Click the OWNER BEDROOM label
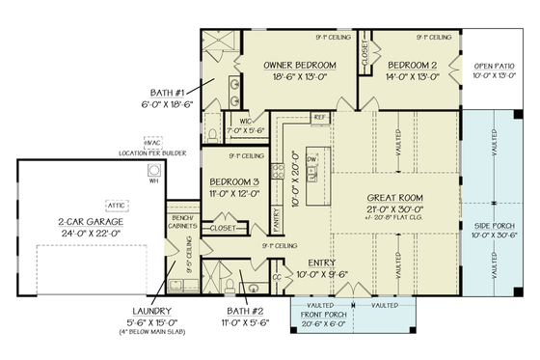[299, 66]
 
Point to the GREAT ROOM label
[395, 198]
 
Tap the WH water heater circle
[152, 180]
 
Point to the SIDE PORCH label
[494, 222]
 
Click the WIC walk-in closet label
[245, 122]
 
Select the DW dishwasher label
[311, 158]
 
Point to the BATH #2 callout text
[247, 315]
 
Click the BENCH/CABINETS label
[180, 220]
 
